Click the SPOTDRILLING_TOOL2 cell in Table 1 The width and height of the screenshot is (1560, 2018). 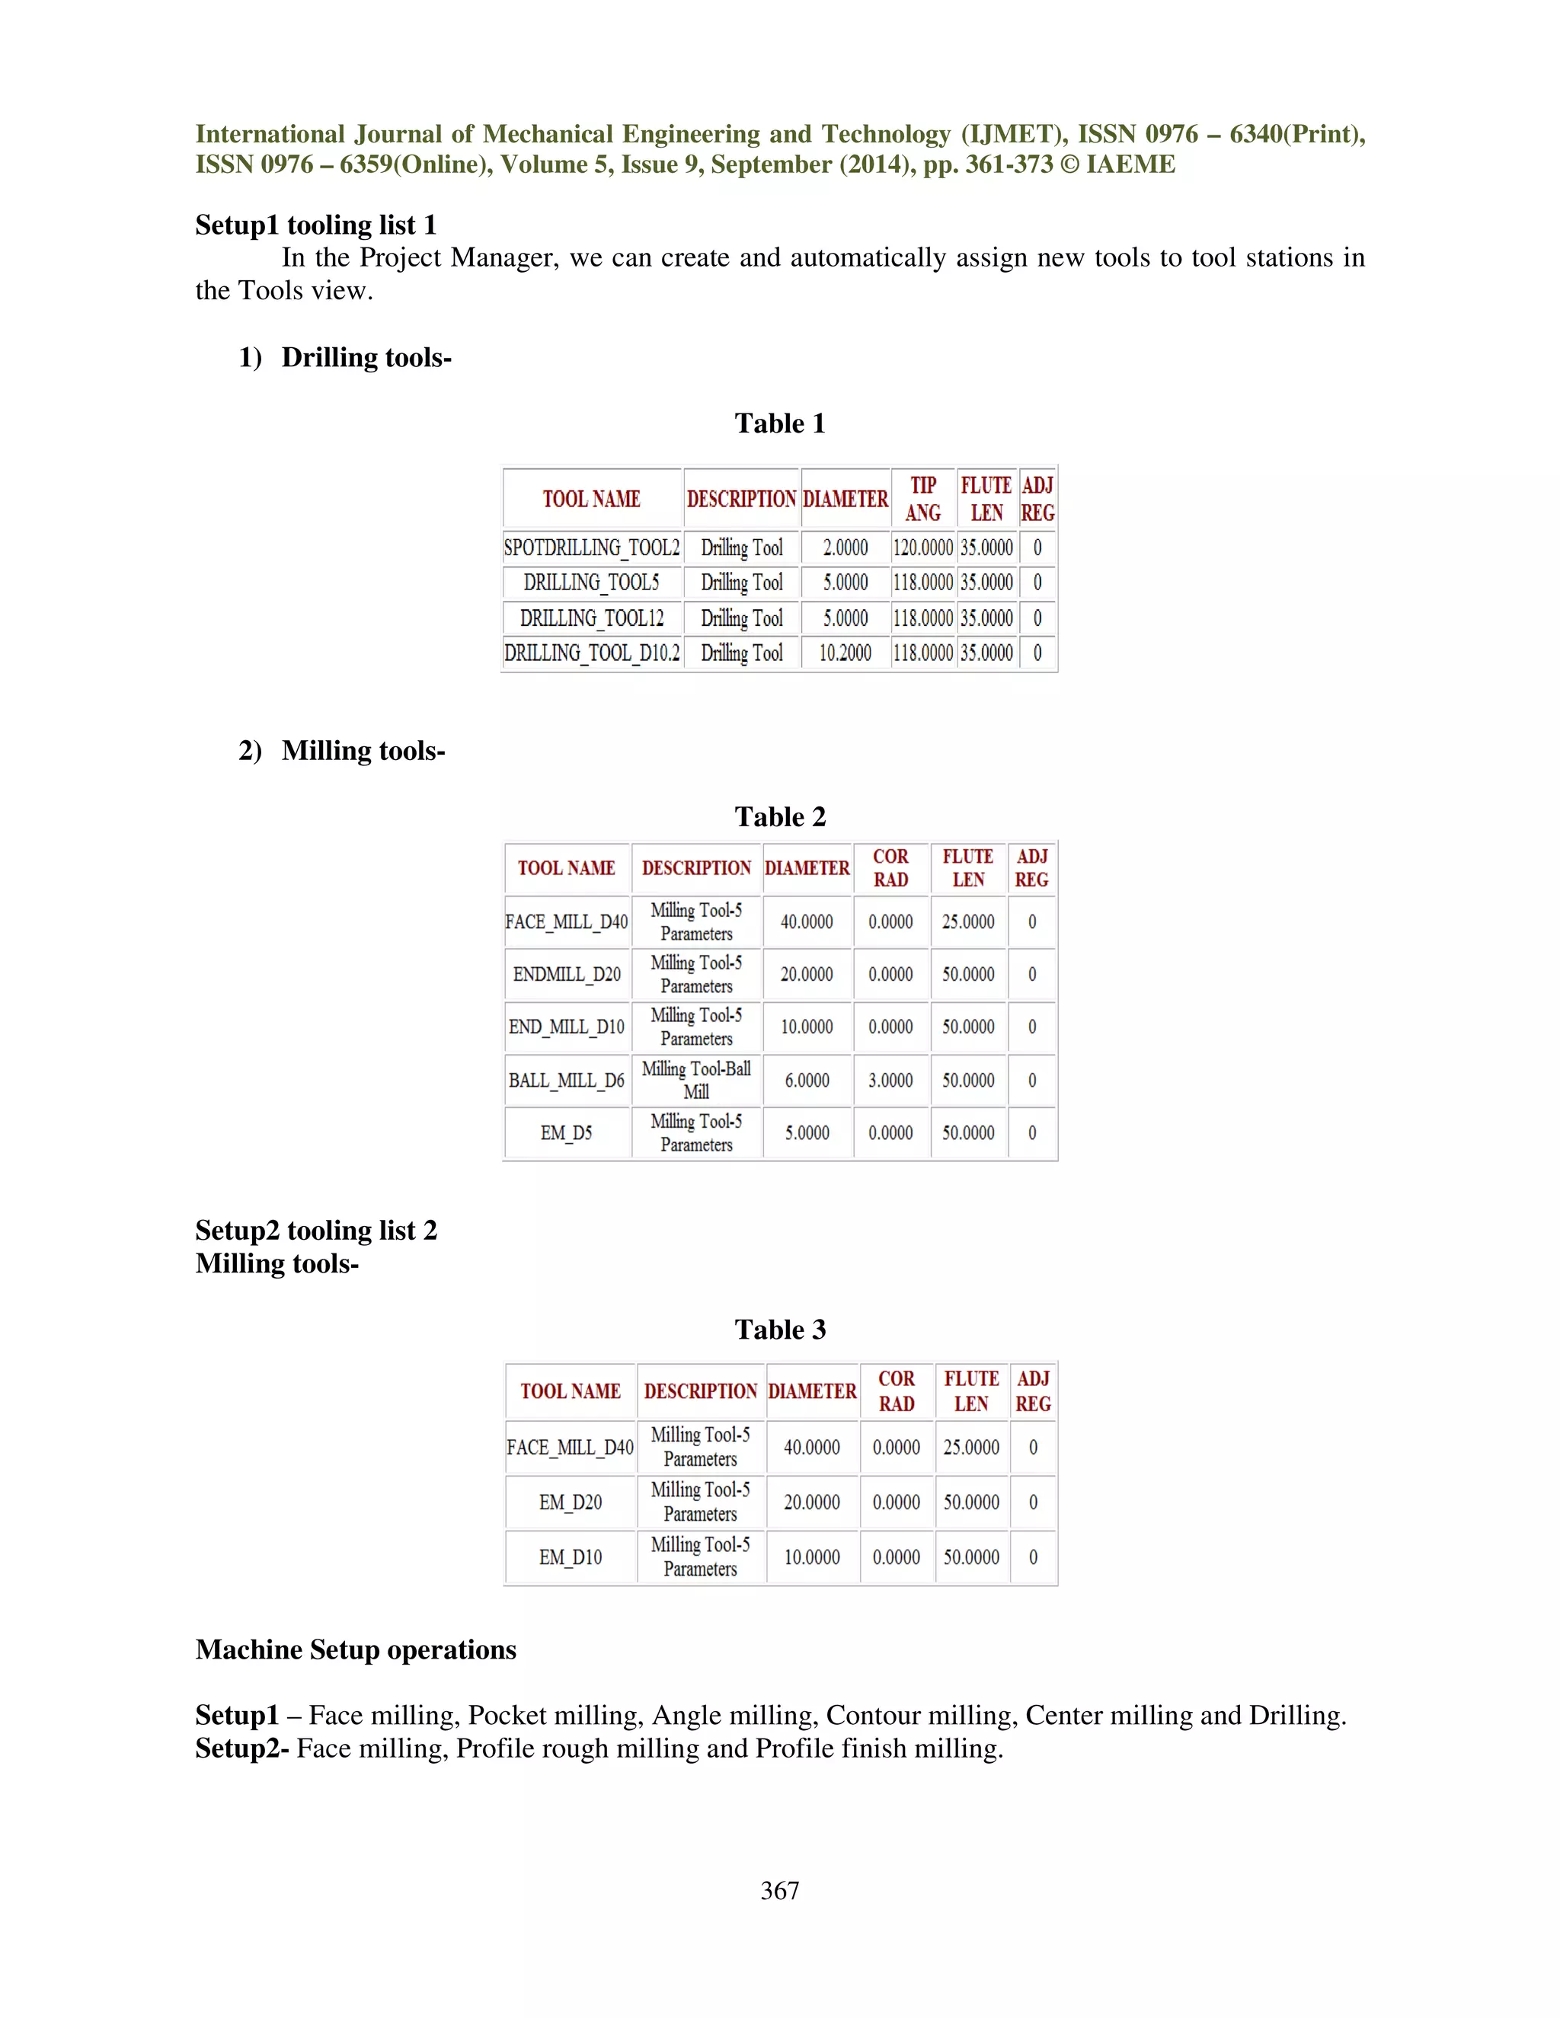pyautogui.click(x=591, y=548)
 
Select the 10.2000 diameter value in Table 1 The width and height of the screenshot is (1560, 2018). pyautogui.click(x=845, y=653)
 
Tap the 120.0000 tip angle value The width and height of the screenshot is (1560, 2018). pyautogui.click(x=922, y=548)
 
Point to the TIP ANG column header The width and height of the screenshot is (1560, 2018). pyautogui.click(x=922, y=499)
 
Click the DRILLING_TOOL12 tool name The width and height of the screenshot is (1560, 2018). pyautogui.click(x=591, y=618)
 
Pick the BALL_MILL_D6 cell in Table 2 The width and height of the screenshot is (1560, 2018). pyautogui.click(x=567, y=1080)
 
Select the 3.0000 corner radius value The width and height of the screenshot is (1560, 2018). pyautogui.click(x=890, y=1080)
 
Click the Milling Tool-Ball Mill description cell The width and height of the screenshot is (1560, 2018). pyautogui.click(x=696, y=1080)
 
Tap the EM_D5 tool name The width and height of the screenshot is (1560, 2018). pyautogui.click(x=567, y=1133)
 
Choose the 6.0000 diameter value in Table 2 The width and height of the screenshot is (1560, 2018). pyautogui.click(x=807, y=1080)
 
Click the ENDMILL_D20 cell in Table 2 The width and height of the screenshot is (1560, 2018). pyautogui.click(x=567, y=974)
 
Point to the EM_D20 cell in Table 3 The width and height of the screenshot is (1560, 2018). pyautogui.click(x=571, y=1502)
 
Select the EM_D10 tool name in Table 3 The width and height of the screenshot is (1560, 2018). pyautogui.click(x=571, y=1557)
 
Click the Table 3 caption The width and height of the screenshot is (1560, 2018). pyautogui.click(x=780, y=1330)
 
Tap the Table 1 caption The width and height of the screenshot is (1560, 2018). pyautogui.click(x=780, y=423)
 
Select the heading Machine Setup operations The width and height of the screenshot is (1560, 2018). pyautogui.click(x=356, y=1649)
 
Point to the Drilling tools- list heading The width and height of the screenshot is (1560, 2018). pyautogui.click(x=366, y=358)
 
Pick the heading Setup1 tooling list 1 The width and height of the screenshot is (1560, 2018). pyautogui.click(x=315, y=225)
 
